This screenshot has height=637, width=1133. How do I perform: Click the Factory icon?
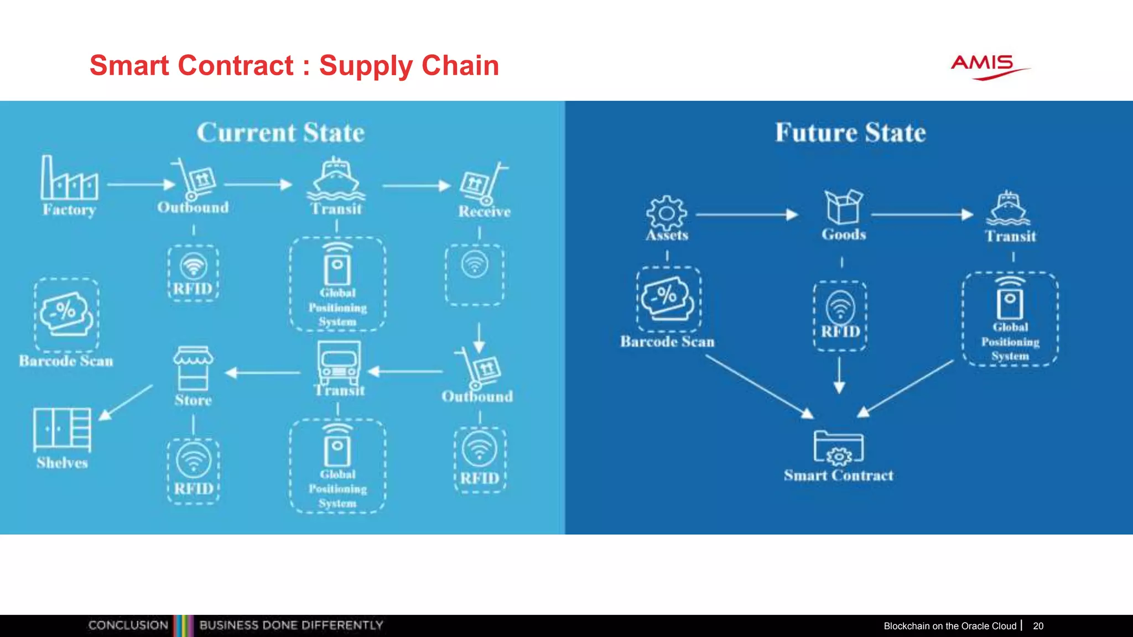point(69,178)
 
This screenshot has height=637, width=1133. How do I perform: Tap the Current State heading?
point(280,133)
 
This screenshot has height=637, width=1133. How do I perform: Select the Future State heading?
point(850,133)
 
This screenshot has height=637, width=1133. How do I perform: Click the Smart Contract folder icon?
point(838,447)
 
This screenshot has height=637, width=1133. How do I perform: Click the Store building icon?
point(193,368)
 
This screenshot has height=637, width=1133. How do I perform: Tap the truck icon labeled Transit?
point(339,363)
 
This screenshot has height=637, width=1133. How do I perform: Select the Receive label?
point(484,211)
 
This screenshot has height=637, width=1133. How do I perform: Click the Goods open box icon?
point(843,207)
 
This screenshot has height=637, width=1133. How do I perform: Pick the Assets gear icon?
point(667,213)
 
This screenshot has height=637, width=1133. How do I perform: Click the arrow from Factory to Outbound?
point(142,184)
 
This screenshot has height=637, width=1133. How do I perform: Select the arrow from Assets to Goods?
point(746,214)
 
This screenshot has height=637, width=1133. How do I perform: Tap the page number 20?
point(1038,626)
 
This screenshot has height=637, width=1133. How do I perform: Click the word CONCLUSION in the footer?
point(128,625)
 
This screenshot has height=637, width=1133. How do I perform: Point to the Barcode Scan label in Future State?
point(667,342)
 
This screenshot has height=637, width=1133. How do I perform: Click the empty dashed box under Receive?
point(475,275)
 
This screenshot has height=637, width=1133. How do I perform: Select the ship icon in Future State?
point(1009,208)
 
